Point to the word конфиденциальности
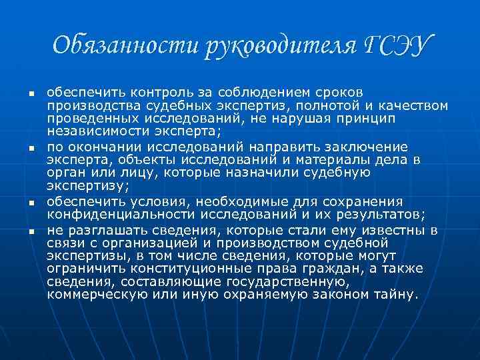tap(120, 214)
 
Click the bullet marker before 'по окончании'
tap(22, 145)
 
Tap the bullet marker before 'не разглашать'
tap(22, 229)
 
